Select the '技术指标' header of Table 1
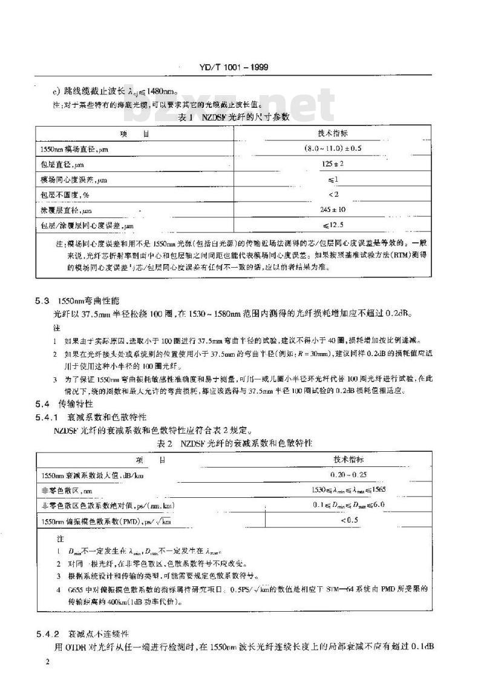coord(332,133)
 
